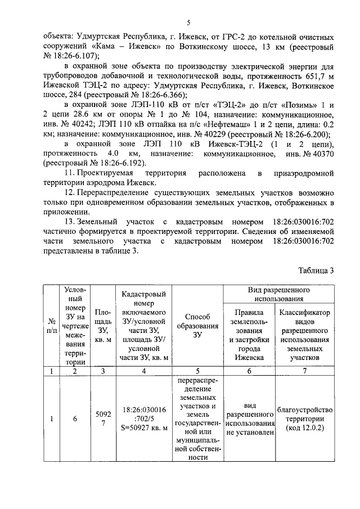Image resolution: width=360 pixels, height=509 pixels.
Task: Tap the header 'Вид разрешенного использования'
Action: pyautogui.click(x=280, y=295)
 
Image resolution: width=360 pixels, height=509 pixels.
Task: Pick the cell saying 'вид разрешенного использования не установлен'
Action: pyautogui.click(x=250, y=419)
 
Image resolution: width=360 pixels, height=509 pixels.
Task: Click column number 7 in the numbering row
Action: pyautogui.click(x=305, y=371)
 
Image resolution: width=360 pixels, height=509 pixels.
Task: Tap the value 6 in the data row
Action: pyautogui.click(x=75, y=419)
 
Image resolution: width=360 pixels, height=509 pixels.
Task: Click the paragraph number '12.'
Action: pyautogui.click(x=71, y=193)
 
